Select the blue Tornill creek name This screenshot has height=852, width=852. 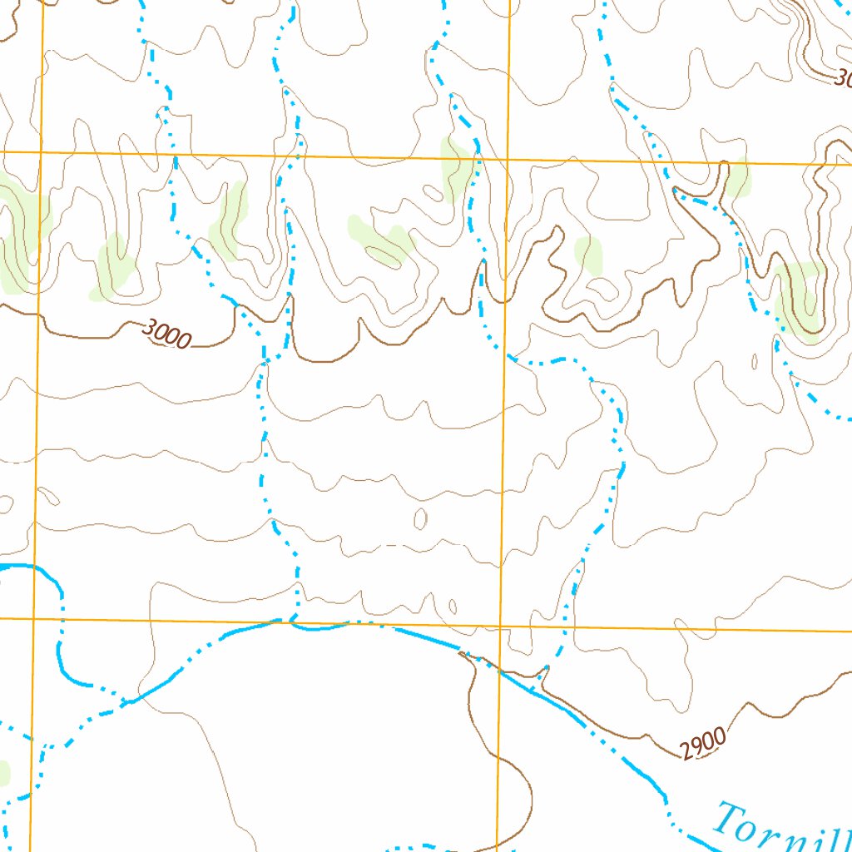pos(782,828)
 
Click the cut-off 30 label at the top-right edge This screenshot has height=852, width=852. pos(841,79)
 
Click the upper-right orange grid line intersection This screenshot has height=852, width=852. pos(507,159)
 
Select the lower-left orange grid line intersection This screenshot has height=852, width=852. pos(33,619)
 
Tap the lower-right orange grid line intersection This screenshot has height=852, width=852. pos(500,626)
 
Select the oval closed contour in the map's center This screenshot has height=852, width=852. pos(420,519)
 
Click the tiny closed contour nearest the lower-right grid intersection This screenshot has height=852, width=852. pos(452,606)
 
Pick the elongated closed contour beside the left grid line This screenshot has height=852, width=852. pos(49,496)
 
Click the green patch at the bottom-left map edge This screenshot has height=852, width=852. pos(3,773)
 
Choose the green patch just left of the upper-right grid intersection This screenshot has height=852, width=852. pos(454,169)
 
